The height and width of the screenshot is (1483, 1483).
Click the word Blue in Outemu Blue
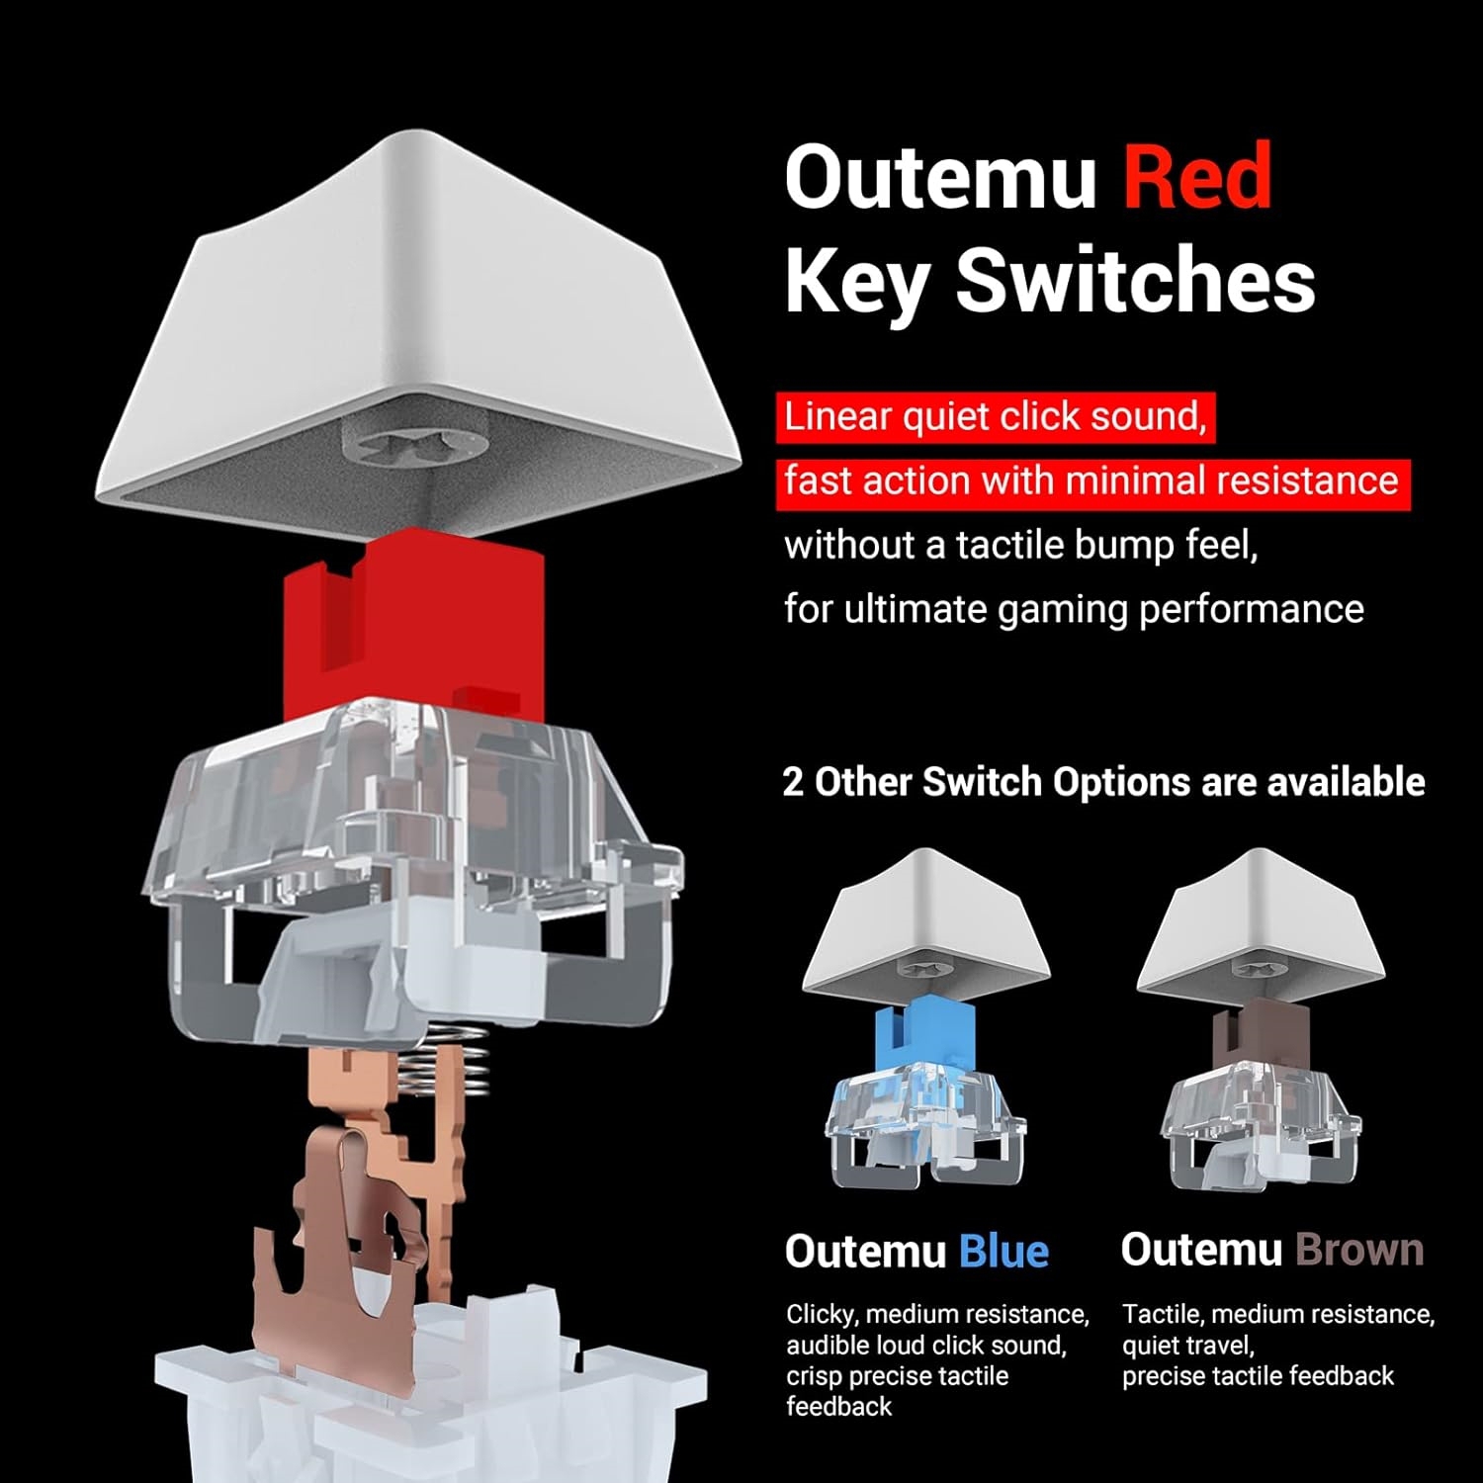pyautogui.click(x=1003, y=1252)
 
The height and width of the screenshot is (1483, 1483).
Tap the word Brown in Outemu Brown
pyautogui.click(x=1359, y=1251)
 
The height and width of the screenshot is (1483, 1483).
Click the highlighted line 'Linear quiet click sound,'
pyautogui.click(x=996, y=417)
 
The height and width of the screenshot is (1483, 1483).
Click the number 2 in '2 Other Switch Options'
pyautogui.click(x=793, y=782)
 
